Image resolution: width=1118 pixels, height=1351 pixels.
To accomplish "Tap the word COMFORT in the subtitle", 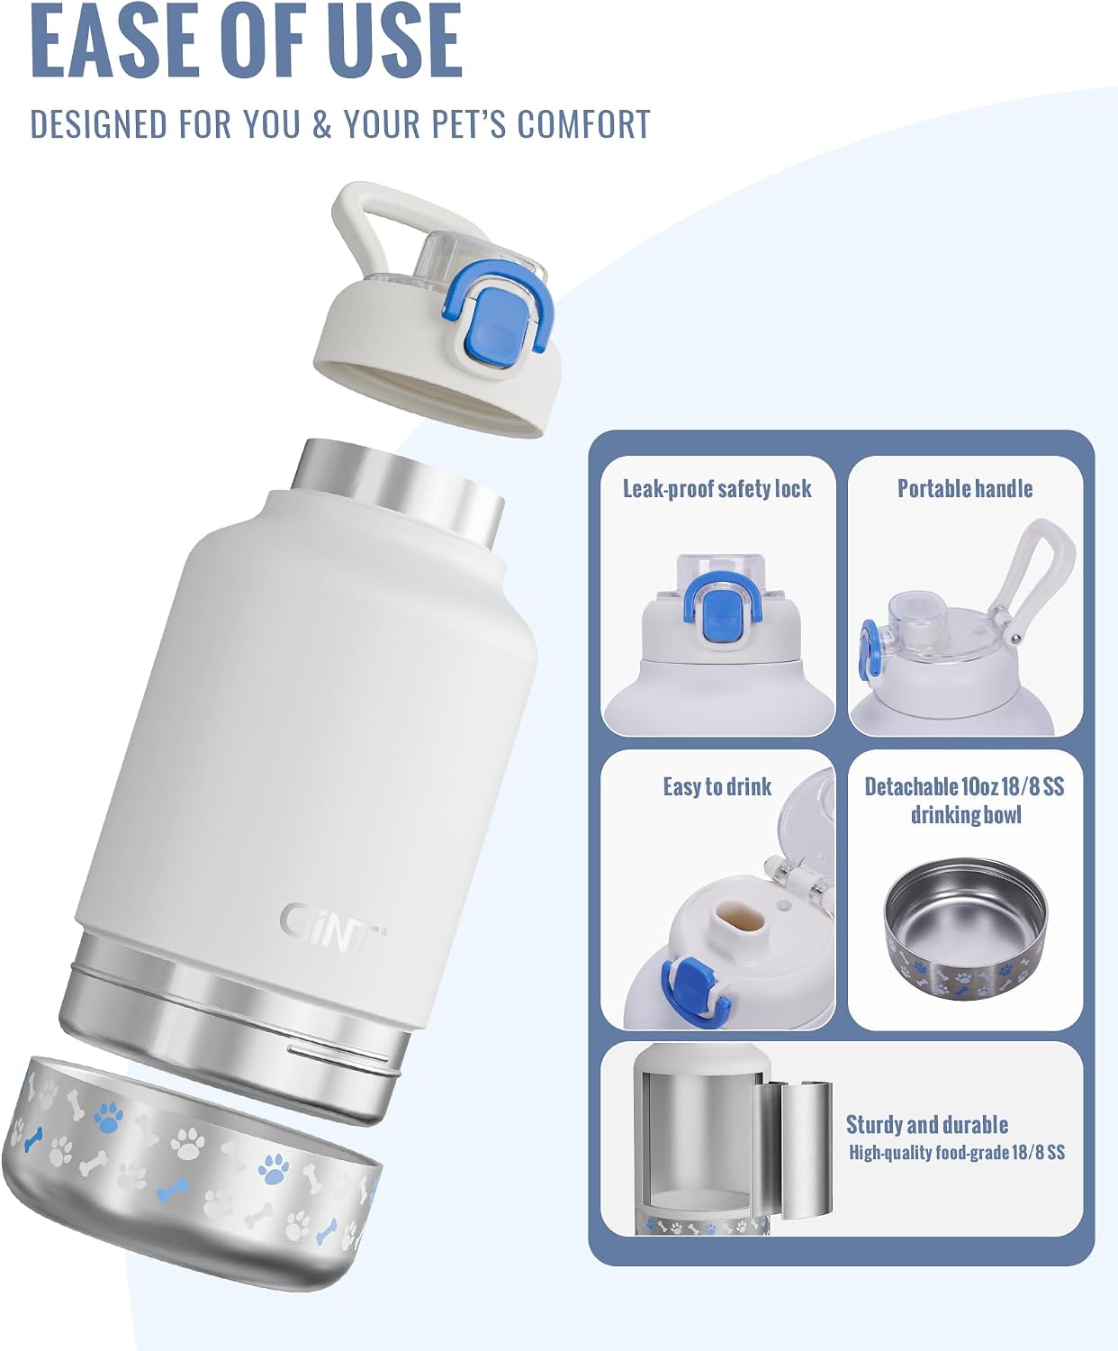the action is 584,124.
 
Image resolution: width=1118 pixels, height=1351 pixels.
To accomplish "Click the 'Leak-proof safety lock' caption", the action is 717,489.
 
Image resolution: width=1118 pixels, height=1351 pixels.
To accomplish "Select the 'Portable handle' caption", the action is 965,488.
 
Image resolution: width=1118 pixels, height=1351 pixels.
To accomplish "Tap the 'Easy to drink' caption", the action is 717,787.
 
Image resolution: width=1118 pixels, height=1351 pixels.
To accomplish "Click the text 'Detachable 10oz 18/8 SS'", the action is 964,787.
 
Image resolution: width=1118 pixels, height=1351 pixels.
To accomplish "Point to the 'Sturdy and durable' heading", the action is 926,1125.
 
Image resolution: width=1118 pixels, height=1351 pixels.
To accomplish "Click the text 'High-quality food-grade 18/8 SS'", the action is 956,1152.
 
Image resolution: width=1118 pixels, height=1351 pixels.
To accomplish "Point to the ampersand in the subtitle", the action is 321,124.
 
